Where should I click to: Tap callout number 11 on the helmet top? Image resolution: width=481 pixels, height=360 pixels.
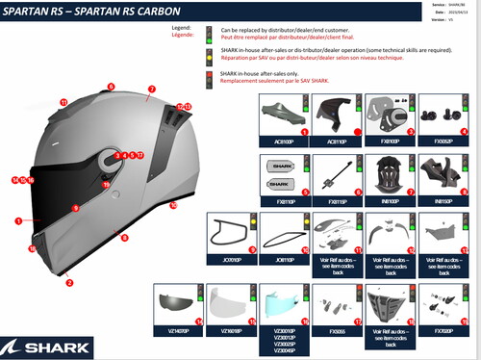pyautogui.click(x=63, y=101)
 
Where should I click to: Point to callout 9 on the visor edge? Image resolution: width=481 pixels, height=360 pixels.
pyautogui.click(x=74, y=207)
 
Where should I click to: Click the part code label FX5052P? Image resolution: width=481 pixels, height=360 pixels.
pyautogui.click(x=443, y=141)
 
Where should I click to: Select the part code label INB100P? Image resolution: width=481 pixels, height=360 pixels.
pyautogui.click(x=390, y=200)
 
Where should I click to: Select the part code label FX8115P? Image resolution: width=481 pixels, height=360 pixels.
pyautogui.click(x=337, y=200)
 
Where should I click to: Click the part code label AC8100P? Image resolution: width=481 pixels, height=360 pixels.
pyautogui.click(x=284, y=141)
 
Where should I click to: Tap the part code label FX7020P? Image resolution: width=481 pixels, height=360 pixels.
pyautogui.click(x=443, y=331)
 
